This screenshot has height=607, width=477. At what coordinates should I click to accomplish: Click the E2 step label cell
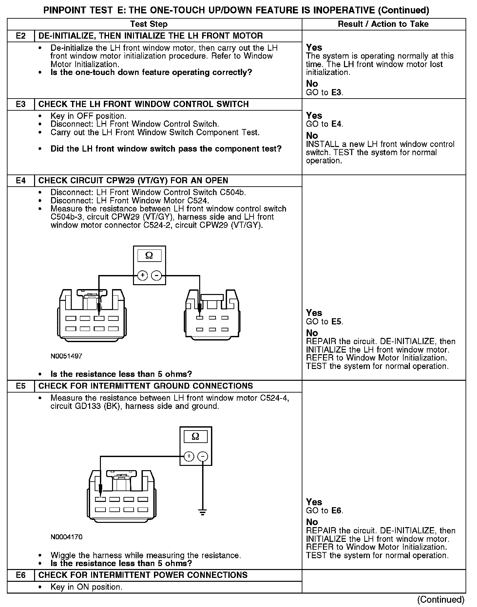(x=21, y=36)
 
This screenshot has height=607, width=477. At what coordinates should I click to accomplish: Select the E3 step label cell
(x=21, y=104)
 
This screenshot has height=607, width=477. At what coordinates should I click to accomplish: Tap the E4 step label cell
(x=21, y=181)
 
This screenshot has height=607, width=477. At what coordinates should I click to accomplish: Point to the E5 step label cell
(x=21, y=386)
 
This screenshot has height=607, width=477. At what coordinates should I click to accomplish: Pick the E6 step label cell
(x=21, y=575)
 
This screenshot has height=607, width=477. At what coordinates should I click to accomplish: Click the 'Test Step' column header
(x=149, y=24)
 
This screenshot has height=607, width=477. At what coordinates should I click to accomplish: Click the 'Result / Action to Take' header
(x=383, y=24)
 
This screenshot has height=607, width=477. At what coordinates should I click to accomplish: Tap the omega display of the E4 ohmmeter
(x=149, y=256)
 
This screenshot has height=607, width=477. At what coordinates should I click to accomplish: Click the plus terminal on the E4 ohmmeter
(x=142, y=276)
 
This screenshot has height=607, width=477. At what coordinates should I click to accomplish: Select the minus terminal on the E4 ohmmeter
(x=156, y=276)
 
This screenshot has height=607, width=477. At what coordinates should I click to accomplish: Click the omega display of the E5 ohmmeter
(x=196, y=437)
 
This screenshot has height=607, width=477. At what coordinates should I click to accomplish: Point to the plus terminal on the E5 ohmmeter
(x=189, y=456)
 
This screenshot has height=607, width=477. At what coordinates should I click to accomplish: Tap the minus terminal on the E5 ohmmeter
(x=203, y=456)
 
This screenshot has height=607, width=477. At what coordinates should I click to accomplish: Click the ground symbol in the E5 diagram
(x=203, y=512)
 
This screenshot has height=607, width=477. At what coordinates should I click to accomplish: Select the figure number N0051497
(x=66, y=356)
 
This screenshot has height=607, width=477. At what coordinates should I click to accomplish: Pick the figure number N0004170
(x=66, y=537)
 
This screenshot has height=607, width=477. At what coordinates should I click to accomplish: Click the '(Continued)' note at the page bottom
(x=441, y=599)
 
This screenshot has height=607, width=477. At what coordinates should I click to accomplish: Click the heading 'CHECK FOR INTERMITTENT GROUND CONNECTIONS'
(x=145, y=386)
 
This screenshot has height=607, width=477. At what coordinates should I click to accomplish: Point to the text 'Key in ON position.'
(x=86, y=587)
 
